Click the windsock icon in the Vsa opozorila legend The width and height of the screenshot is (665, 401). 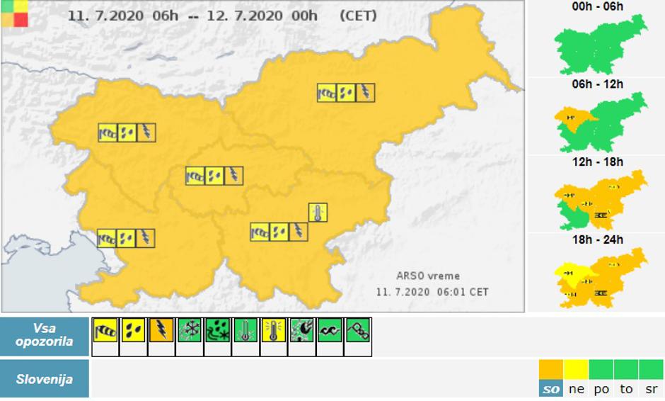(x=105, y=330)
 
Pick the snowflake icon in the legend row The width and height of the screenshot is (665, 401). (x=190, y=330)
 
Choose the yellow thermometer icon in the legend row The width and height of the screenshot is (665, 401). (x=272, y=330)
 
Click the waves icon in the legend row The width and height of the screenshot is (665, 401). (x=330, y=330)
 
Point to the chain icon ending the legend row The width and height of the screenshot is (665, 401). (x=357, y=330)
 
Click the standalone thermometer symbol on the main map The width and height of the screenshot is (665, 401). (x=318, y=213)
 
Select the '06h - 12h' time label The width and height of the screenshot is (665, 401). (x=598, y=84)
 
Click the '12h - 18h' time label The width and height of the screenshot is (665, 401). (x=598, y=162)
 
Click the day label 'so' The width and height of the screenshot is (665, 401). (x=550, y=389)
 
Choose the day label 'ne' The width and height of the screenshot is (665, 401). (x=577, y=389)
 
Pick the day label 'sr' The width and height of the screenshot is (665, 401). (x=651, y=389)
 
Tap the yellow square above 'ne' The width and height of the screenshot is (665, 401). (x=577, y=370)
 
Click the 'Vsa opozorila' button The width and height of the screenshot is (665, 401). (x=45, y=336)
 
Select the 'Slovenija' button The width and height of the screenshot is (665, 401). (x=45, y=379)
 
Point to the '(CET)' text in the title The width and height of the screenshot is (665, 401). (x=358, y=16)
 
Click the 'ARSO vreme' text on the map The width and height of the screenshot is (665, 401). (x=428, y=276)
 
